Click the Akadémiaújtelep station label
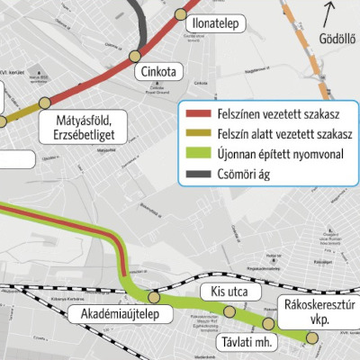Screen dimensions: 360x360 [110, 314]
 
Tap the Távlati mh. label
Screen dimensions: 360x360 [245, 343]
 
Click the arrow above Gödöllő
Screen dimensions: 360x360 [329, 15]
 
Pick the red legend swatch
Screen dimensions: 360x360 [196, 114]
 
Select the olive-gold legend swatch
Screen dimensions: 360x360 [196, 134]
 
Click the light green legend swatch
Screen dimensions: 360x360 [196, 154]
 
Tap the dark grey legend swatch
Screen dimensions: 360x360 [196, 174]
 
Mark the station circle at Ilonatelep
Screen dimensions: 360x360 [180, 14]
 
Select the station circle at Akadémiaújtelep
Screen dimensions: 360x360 [154, 297]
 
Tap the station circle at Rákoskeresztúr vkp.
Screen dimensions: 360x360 [312, 337]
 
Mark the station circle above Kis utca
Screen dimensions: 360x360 [230, 311]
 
